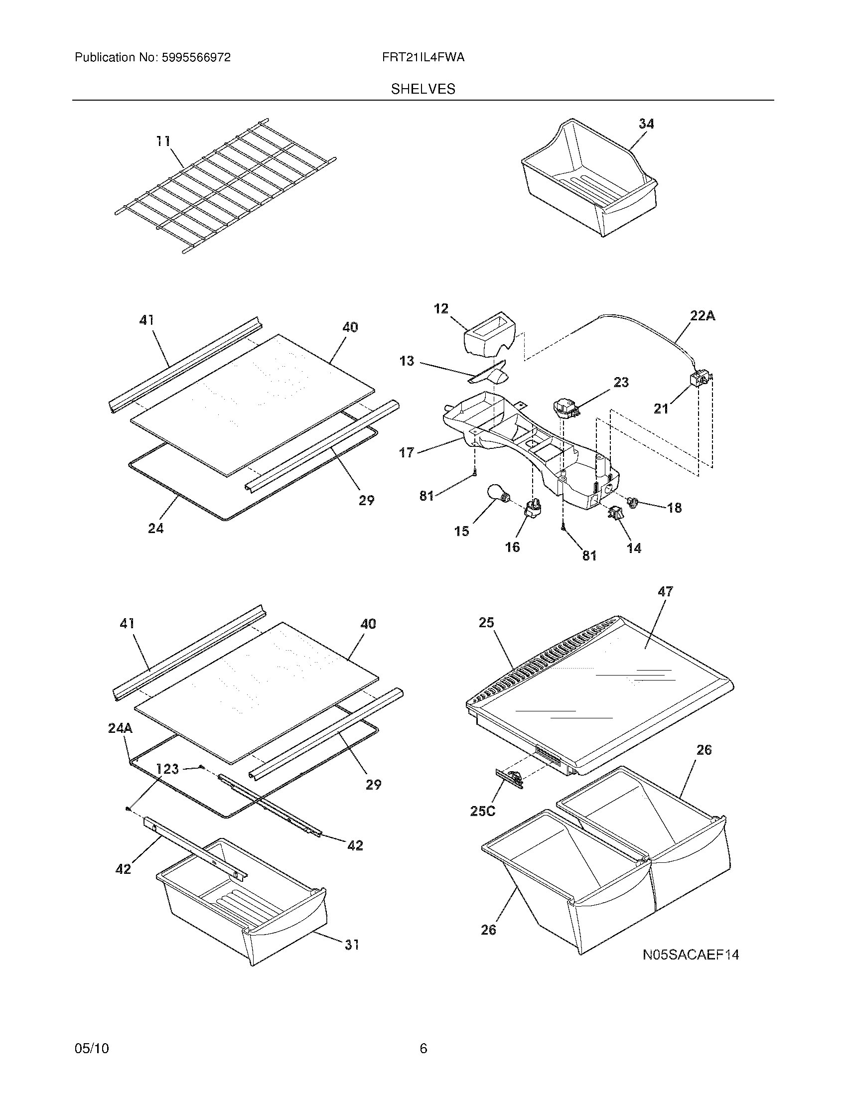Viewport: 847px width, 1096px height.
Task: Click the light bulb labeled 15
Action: coord(497,494)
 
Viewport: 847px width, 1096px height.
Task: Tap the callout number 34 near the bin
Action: coord(646,124)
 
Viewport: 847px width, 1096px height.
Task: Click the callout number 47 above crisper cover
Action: coord(665,592)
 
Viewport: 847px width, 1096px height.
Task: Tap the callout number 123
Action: coord(167,769)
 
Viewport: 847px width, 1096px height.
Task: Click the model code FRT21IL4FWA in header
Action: coord(423,58)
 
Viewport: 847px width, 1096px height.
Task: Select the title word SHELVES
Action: coord(423,89)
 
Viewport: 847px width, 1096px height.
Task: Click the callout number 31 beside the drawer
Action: coord(352,945)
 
